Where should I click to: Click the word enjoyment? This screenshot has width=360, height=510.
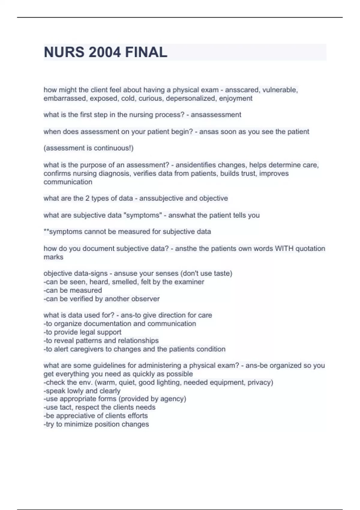[x=235, y=98]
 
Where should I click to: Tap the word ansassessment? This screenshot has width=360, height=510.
[x=216, y=115]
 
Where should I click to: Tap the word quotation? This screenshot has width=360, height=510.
[x=310, y=249]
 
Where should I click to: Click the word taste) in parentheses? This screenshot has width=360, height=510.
[x=223, y=274]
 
